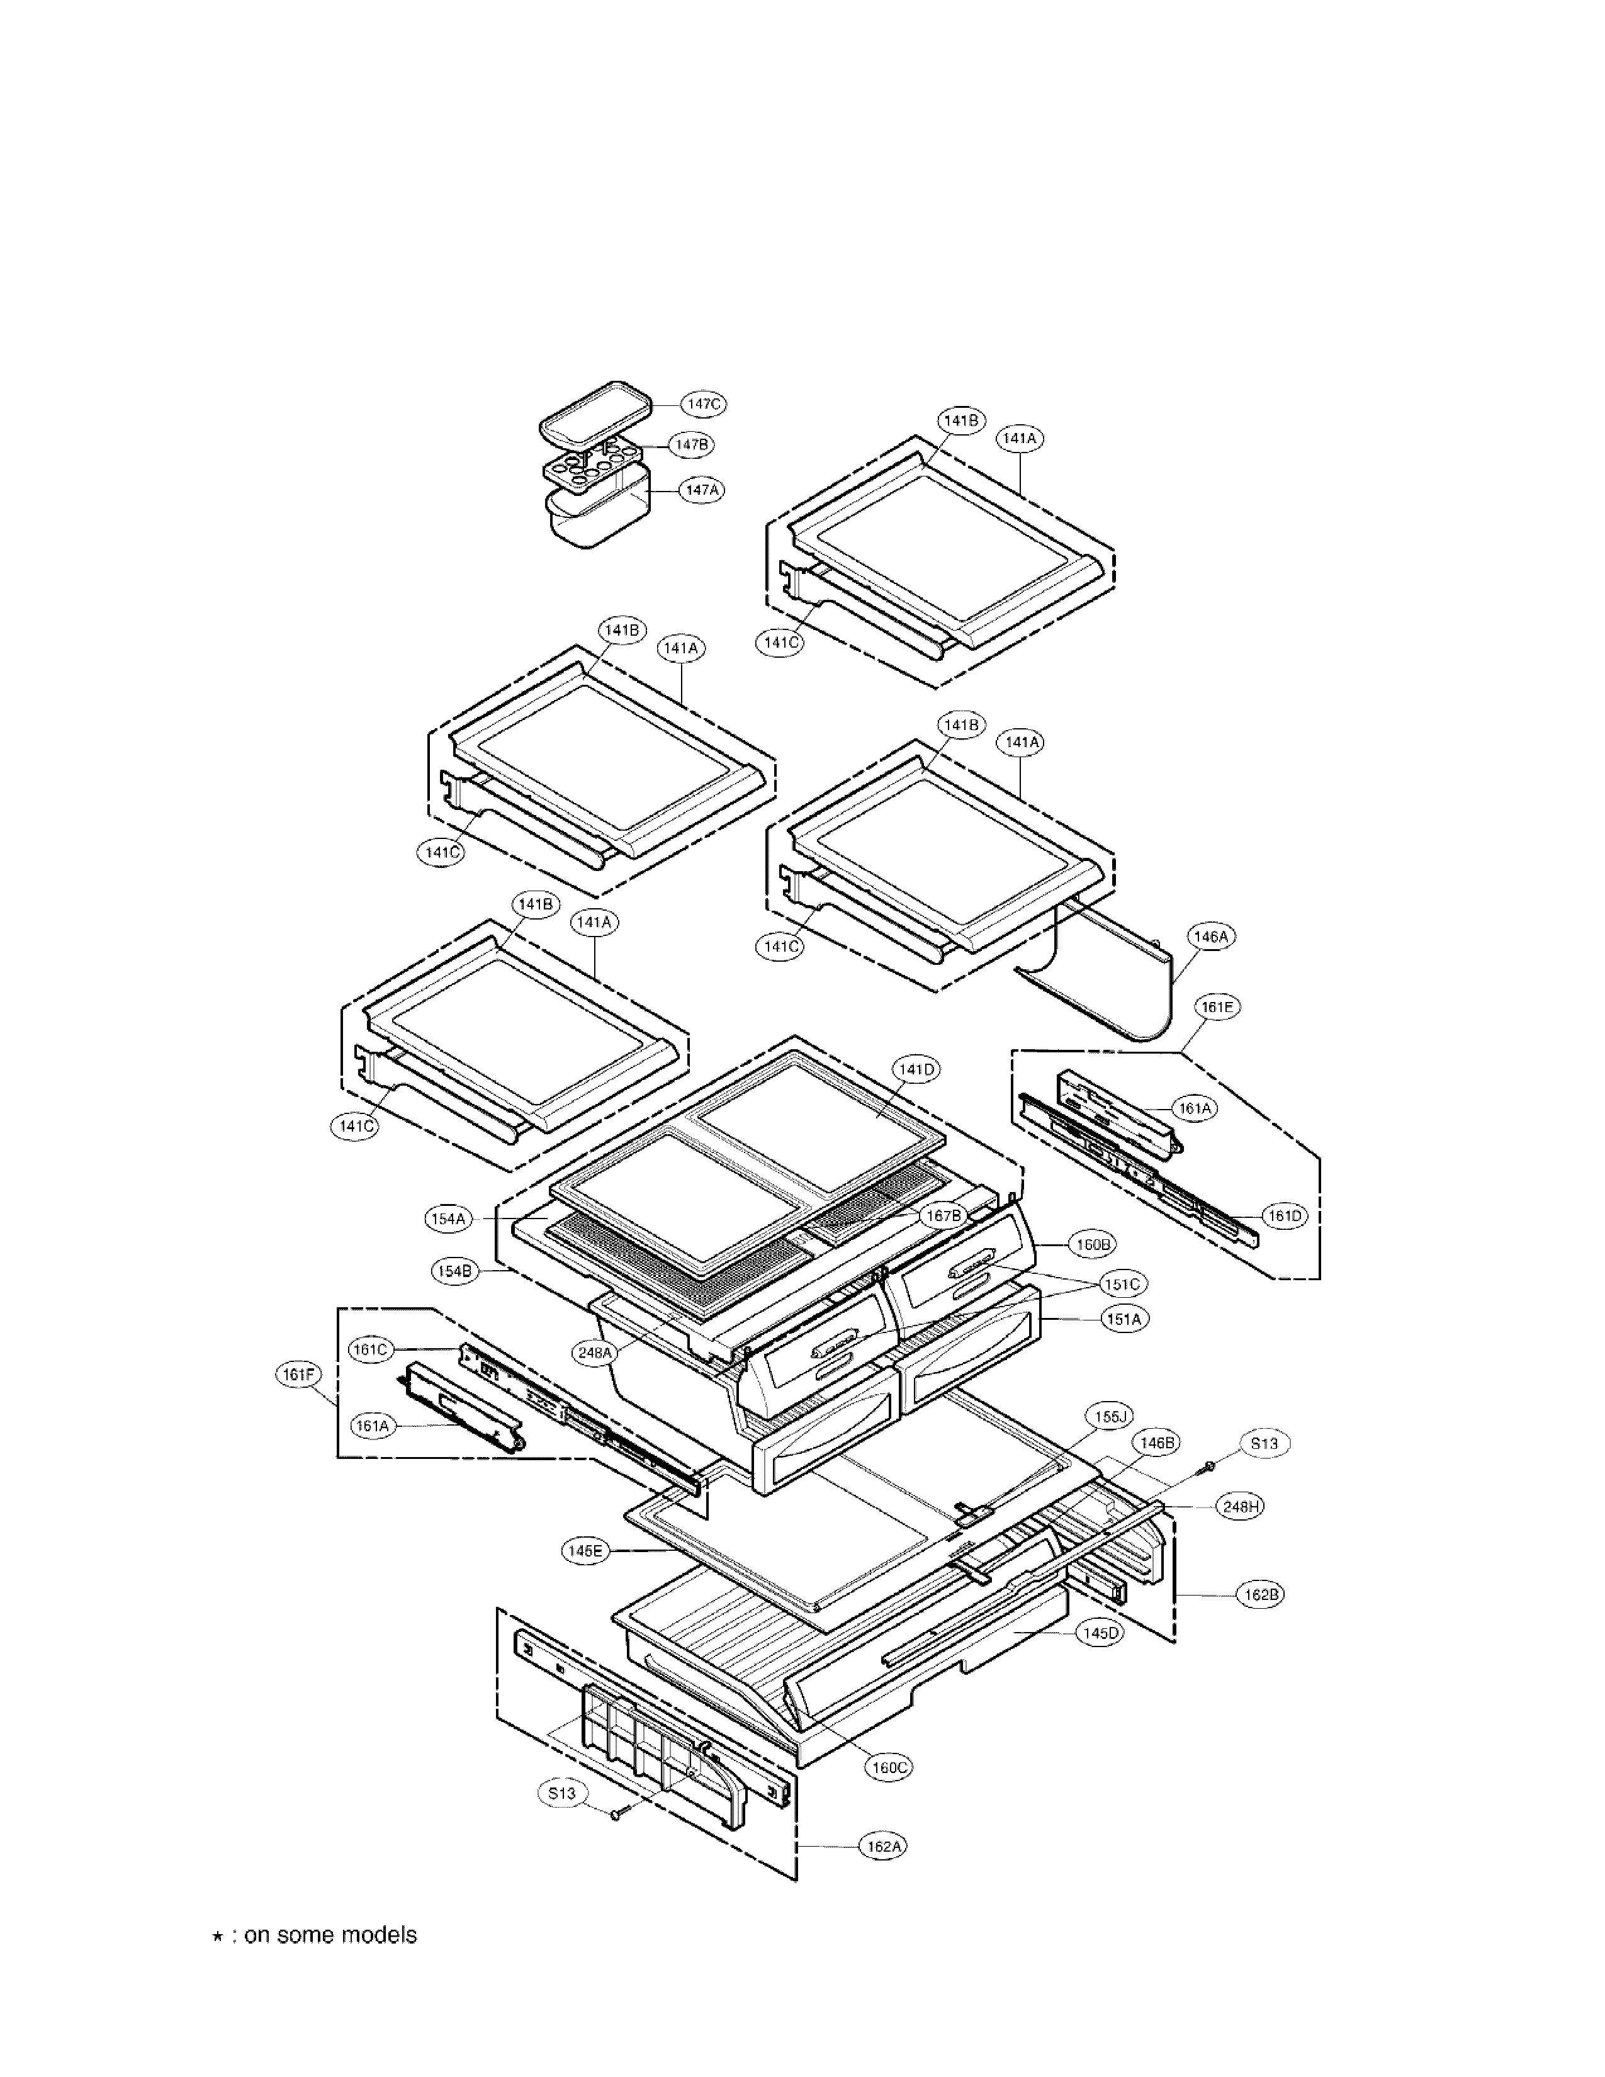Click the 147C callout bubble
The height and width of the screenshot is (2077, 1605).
704,404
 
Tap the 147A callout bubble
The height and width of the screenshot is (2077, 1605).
701,490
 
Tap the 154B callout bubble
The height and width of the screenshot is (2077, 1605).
454,1271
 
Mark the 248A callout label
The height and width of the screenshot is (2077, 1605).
595,1353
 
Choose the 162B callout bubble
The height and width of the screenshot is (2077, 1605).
1260,1595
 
